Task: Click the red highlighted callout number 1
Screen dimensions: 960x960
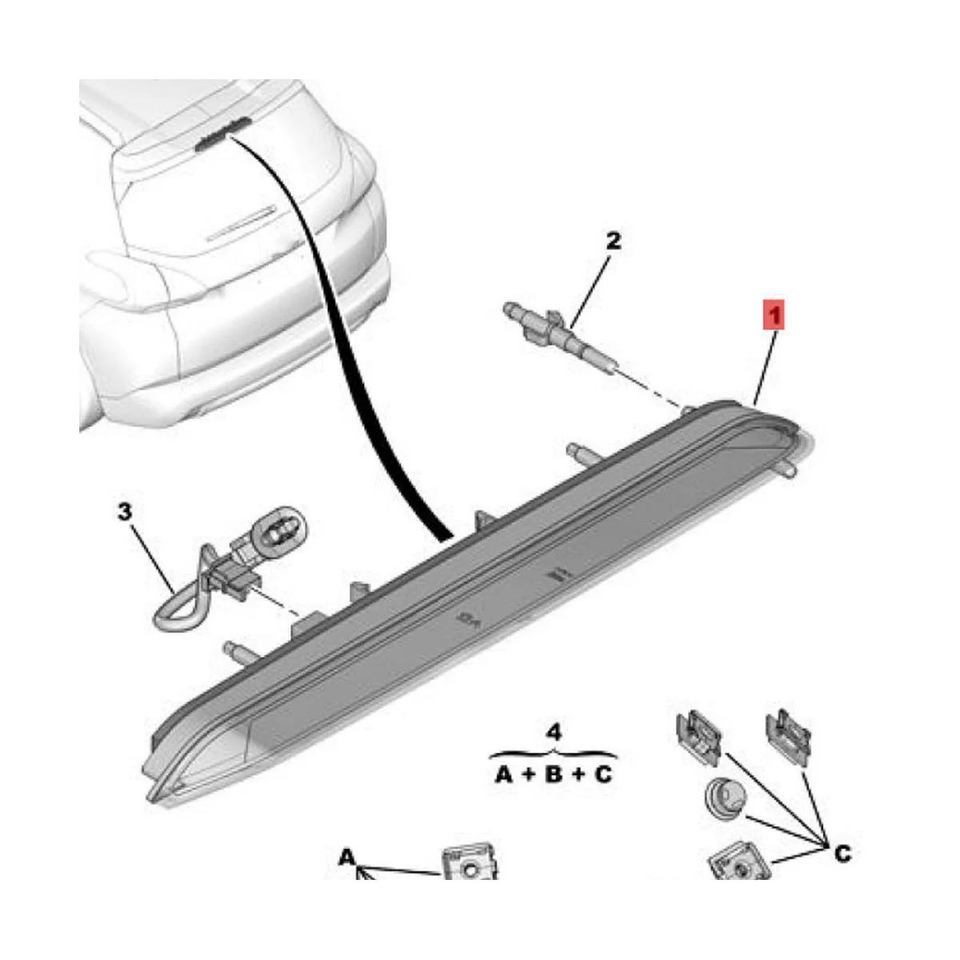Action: [773, 314]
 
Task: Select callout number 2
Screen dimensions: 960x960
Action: [613, 240]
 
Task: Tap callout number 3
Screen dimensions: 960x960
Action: [124, 510]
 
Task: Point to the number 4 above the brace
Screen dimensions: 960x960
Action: [554, 731]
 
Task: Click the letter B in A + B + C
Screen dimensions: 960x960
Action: [553, 774]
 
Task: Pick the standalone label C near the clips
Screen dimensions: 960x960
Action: [842, 854]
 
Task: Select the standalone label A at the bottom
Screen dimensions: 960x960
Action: [346, 858]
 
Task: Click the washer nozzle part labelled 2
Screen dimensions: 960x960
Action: [552, 329]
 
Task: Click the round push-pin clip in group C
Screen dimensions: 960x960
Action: [722, 800]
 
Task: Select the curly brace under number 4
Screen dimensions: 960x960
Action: [554, 753]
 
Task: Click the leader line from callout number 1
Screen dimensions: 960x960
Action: [765, 364]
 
